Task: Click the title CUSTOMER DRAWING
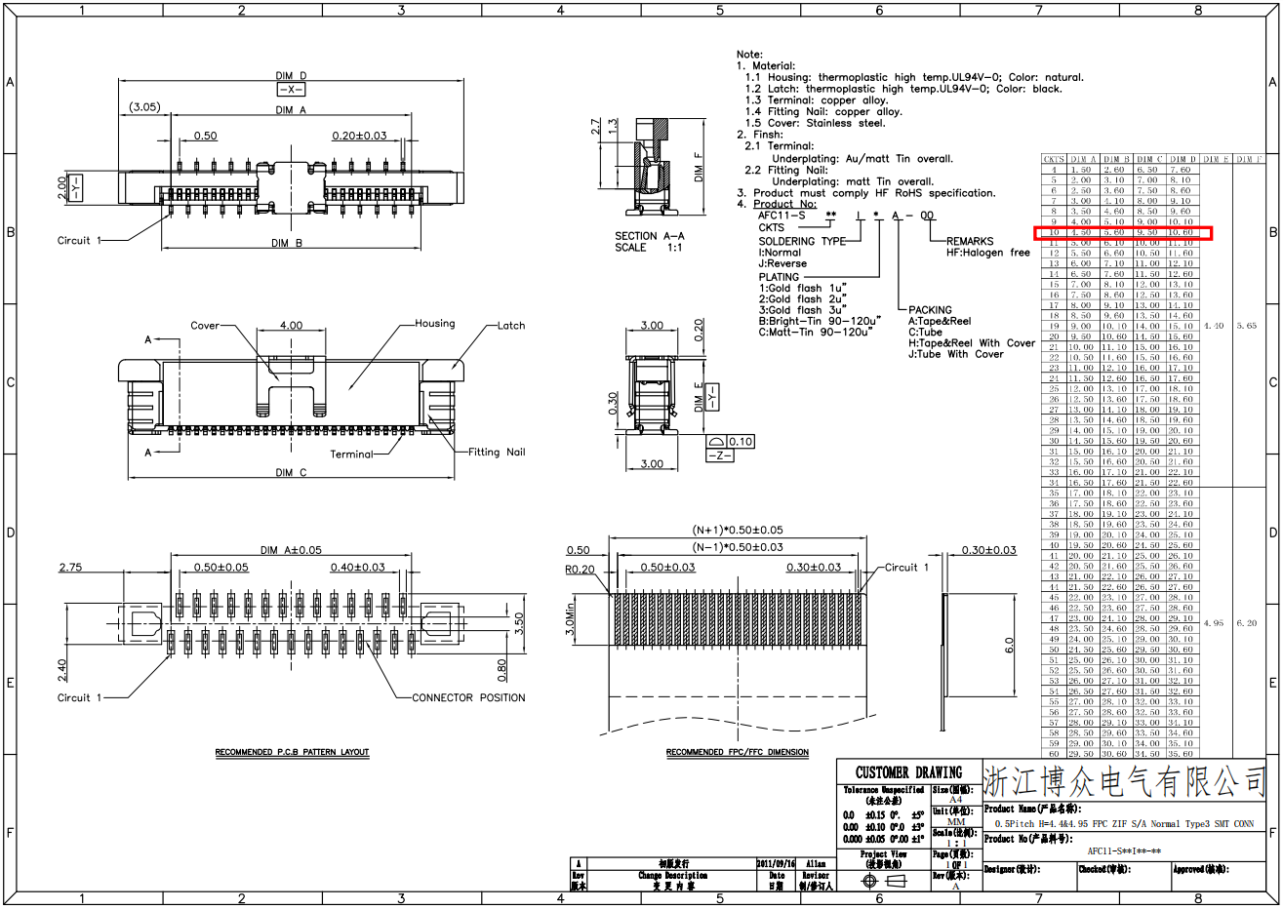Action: pos(908,772)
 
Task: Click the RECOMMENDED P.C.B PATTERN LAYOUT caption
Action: pos(292,753)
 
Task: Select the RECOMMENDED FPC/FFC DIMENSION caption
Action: pos(737,753)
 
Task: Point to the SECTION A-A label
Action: pos(649,236)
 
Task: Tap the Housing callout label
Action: pos(434,324)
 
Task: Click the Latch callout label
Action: pos(511,326)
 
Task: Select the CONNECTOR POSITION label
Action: pos(468,698)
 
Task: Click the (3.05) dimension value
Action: pos(144,107)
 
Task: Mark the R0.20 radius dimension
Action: pos(580,570)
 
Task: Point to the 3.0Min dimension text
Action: pos(571,619)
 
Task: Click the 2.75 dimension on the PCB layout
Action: pos(70,568)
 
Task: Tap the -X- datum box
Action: pos(291,90)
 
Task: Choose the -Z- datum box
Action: pos(719,455)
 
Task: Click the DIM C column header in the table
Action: pos(1148,159)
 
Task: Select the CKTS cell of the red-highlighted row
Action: pos(1054,233)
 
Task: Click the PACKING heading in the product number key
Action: pos(930,310)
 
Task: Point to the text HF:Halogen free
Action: pos(987,253)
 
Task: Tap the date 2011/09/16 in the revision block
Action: pos(777,864)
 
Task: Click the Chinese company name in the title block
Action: pos(1124,781)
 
